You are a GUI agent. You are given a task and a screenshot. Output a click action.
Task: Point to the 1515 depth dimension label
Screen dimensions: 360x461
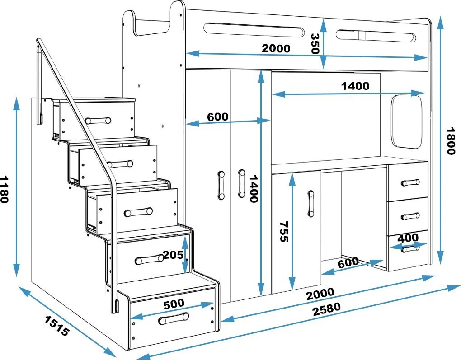57,326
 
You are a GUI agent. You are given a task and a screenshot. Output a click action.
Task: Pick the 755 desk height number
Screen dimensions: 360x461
284,231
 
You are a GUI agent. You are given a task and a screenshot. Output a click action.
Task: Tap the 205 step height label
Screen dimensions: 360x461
174,255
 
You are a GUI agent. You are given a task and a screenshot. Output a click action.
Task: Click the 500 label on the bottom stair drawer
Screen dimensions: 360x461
174,304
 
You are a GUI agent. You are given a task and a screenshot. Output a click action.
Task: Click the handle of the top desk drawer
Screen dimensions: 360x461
410,183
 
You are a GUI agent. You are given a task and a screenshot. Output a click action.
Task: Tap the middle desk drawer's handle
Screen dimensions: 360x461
410,216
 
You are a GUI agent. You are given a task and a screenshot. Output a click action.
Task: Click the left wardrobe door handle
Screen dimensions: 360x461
221,185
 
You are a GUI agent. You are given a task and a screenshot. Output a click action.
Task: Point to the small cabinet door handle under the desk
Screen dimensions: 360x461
310,204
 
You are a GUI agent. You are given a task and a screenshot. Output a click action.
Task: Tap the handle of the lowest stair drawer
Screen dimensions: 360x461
174,319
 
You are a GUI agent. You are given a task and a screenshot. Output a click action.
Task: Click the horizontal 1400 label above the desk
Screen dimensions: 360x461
355,86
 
